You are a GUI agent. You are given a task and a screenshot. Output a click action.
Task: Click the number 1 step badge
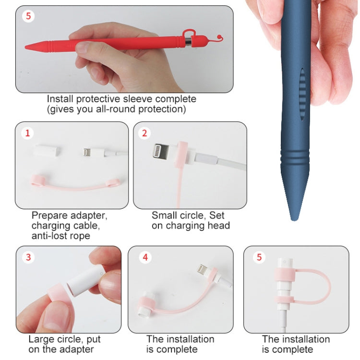pyautogui.click(x=27, y=133)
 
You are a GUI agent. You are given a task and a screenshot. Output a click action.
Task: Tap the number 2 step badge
pyautogui.click(x=144, y=133)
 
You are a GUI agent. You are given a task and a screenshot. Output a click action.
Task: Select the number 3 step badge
pyautogui.click(x=28, y=257)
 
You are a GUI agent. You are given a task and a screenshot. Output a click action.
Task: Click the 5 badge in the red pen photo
pyautogui.click(x=28, y=16)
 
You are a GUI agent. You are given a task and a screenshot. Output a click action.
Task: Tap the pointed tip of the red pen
pyautogui.click(x=27, y=47)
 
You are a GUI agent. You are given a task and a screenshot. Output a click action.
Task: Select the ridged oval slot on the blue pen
pyautogui.click(x=301, y=93)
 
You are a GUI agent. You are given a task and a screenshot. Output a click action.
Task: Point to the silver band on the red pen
pyautogui.click(x=189, y=43)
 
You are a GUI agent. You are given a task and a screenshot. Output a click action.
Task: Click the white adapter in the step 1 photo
pyautogui.click(x=48, y=150)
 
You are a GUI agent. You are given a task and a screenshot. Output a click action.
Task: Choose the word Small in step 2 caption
pyautogui.click(x=163, y=216)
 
